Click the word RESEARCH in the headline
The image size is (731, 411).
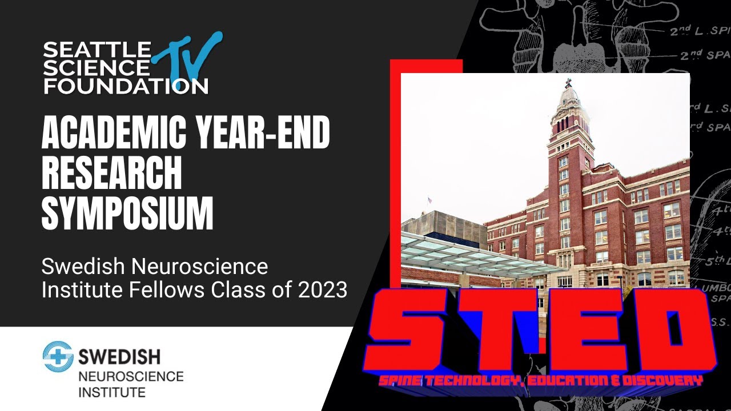[111, 174]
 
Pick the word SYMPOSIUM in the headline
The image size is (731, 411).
[127, 214]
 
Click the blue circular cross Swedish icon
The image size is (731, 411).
[58, 357]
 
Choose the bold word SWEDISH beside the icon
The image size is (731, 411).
[119, 357]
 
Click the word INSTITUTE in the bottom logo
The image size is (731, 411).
[111, 392]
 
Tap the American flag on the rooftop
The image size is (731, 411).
[429, 200]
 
